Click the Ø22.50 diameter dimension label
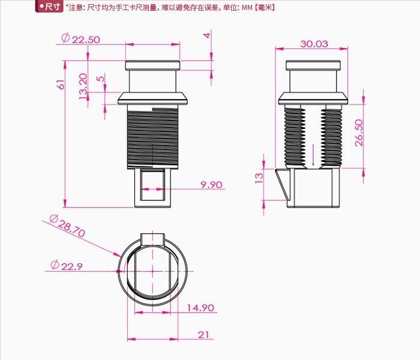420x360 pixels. [x=80, y=39]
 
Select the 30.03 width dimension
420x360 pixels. [x=314, y=44]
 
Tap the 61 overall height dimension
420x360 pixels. [x=61, y=85]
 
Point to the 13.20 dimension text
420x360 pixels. [x=83, y=86]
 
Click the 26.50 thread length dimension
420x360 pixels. [x=359, y=133]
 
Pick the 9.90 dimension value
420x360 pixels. [x=211, y=185]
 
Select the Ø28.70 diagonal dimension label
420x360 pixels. [x=67, y=226]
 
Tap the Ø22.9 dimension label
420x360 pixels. [x=67, y=265]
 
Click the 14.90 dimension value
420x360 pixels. [x=200, y=308]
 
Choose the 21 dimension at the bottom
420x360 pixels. [x=203, y=335]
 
